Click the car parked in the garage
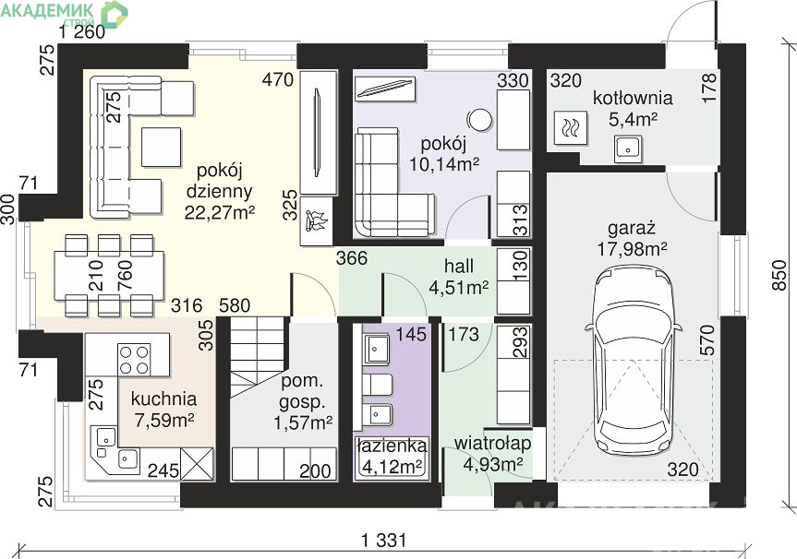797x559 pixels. tap(634, 362)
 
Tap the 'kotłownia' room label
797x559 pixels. tap(633, 98)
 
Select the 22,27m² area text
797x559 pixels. tap(219, 213)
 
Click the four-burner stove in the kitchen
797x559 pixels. tap(134, 359)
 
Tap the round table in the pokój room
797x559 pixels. tap(478, 120)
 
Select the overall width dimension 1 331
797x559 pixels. tap(384, 541)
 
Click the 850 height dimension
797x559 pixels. tap(779, 275)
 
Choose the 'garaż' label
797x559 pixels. tap(632, 228)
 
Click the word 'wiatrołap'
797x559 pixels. tap(492, 443)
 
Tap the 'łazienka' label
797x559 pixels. tap(392, 446)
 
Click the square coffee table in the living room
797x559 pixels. tap(161, 148)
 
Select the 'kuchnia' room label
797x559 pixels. tap(163, 398)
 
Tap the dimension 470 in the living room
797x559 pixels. tap(278, 79)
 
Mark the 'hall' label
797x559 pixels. tap(458, 266)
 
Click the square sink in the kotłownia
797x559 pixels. tap(628, 149)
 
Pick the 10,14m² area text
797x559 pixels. tap(444, 163)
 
